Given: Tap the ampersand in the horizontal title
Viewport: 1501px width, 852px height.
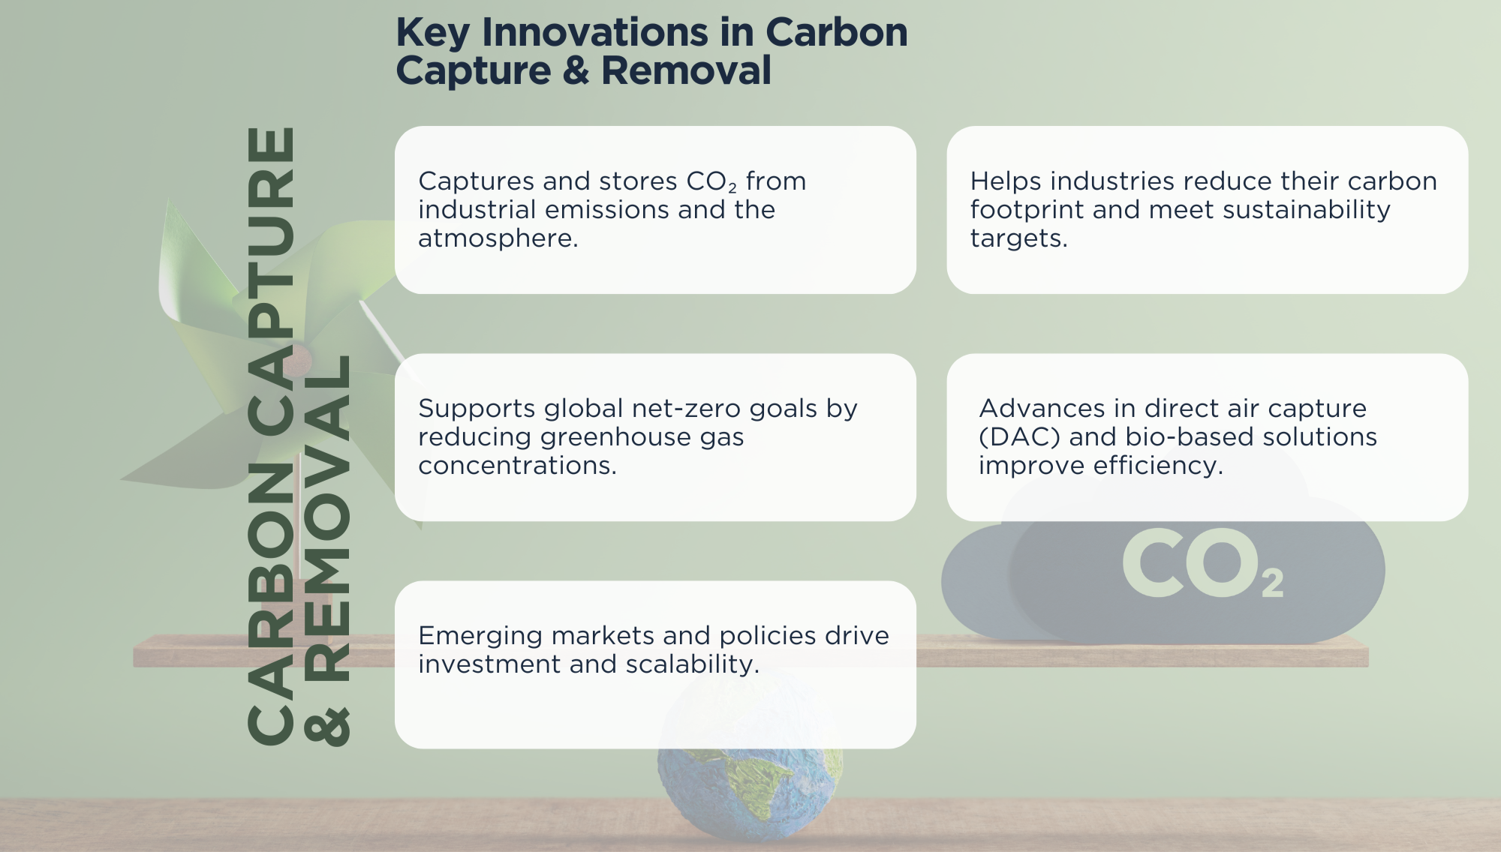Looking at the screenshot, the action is pyautogui.click(x=576, y=70).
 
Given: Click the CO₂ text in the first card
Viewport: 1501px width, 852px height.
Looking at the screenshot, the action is pyautogui.click(x=711, y=181).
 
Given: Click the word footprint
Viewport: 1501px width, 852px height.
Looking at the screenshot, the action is pyautogui.click(x=1027, y=211).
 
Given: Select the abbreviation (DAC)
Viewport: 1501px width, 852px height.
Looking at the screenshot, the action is pyautogui.click(x=1020, y=437).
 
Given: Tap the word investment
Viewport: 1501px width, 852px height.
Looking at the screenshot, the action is pyautogui.click(x=489, y=664).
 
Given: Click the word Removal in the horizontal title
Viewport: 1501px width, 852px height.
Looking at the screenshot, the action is pyautogui.click(x=686, y=70).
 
